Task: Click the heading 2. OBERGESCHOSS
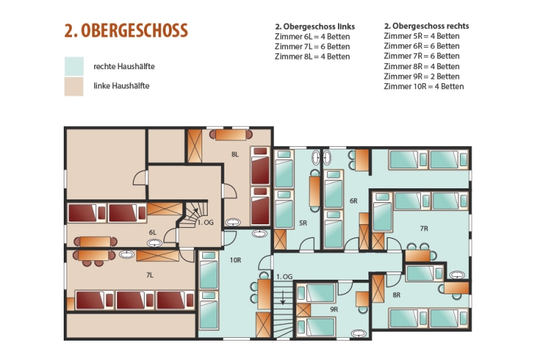126,30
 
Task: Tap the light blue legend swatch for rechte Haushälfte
74,66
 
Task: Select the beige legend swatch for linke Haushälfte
74,87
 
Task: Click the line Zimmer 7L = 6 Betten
312,46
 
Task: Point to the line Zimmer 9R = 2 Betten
422,77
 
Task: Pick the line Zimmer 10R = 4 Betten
424,87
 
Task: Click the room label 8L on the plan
235,154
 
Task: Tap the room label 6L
152,233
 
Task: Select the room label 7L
150,276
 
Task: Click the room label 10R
235,260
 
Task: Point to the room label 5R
303,224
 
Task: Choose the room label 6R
354,201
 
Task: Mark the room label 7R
424,229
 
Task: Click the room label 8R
396,295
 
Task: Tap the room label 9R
334,309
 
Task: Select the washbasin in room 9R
359,333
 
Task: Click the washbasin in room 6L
154,243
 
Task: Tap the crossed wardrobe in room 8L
195,146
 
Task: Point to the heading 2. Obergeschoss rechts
427,26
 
